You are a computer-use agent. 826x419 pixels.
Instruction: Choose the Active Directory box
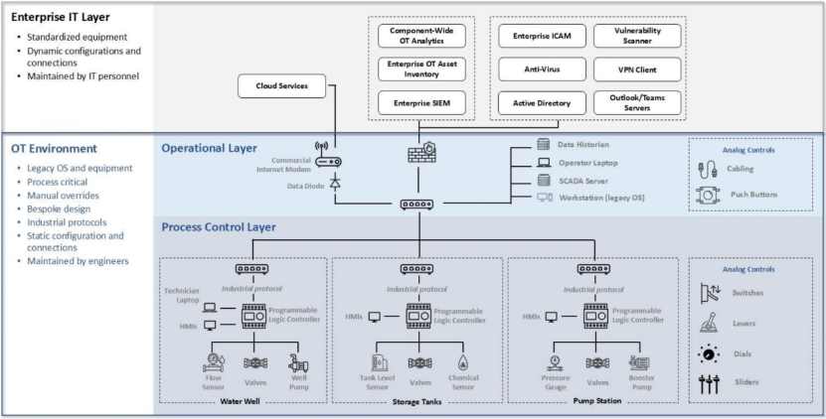tap(538, 102)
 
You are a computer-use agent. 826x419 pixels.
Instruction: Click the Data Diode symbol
tap(335, 184)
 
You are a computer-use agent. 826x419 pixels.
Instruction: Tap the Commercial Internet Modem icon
tap(334, 162)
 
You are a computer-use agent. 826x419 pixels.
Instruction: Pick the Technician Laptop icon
tap(210, 305)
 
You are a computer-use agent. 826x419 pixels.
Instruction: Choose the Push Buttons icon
tap(708, 195)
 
